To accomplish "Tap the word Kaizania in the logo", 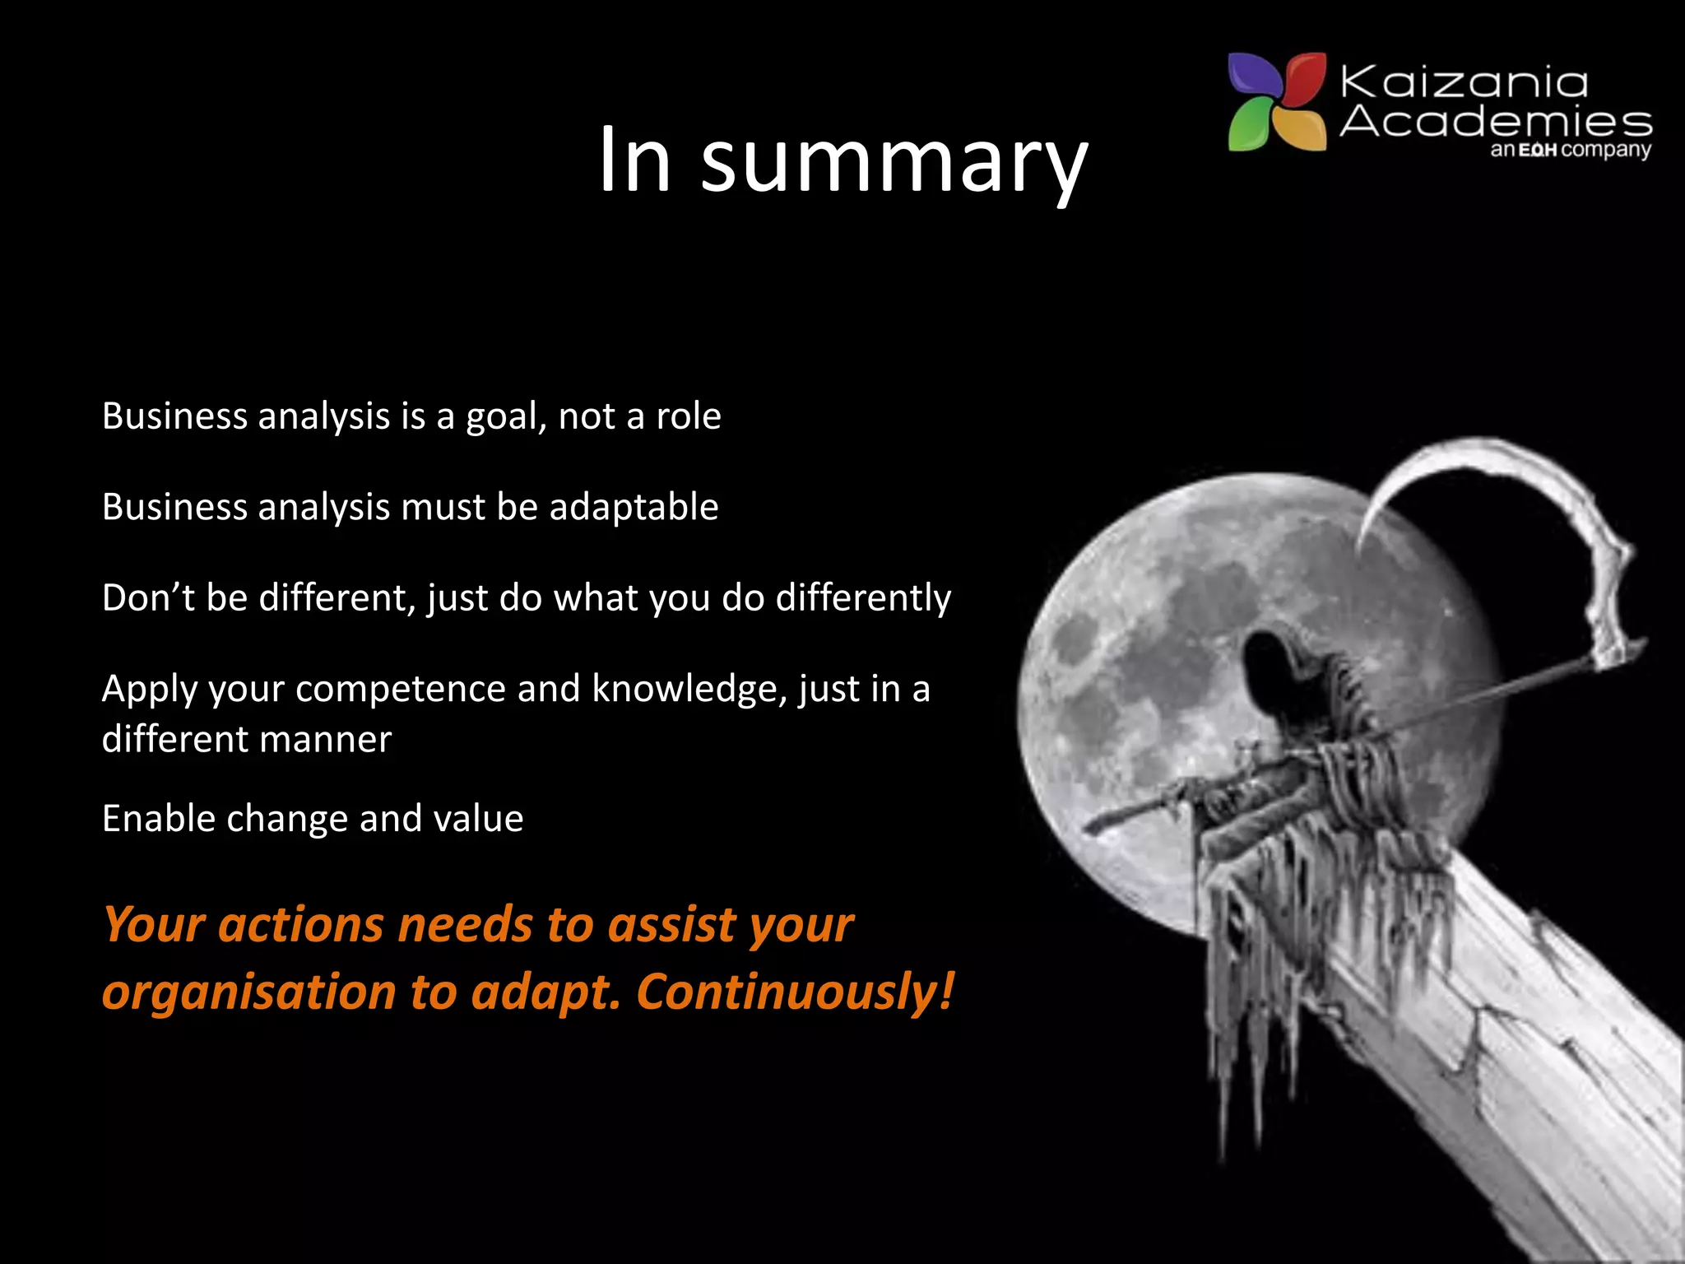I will pos(1464,82).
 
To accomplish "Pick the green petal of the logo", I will pos(1250,124).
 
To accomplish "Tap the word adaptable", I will pos(634,507).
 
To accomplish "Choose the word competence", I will pos(401,689).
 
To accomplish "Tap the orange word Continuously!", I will pos(795,992).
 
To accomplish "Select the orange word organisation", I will pos(249,992).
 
